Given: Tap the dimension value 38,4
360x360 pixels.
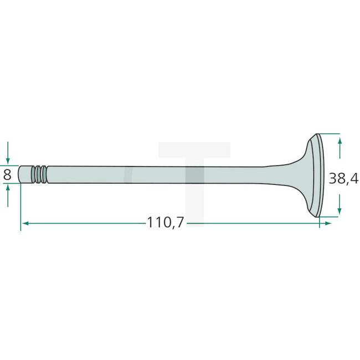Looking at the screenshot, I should click(x=343, y=178).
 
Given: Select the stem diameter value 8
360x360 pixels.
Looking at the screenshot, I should click(x=7, y=174).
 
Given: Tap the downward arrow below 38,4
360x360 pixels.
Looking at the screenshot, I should click(x=340, y=209).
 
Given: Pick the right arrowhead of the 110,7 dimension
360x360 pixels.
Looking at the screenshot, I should click(x=328, y=223).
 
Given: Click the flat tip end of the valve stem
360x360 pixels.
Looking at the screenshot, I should click(x=21, y=174).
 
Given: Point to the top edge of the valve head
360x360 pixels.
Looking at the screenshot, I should click(x=317, y=135).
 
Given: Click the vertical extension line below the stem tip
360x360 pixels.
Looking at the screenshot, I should click(x=20, y=205).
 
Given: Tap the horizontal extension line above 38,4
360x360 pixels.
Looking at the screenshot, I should click(x=329, y=133).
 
